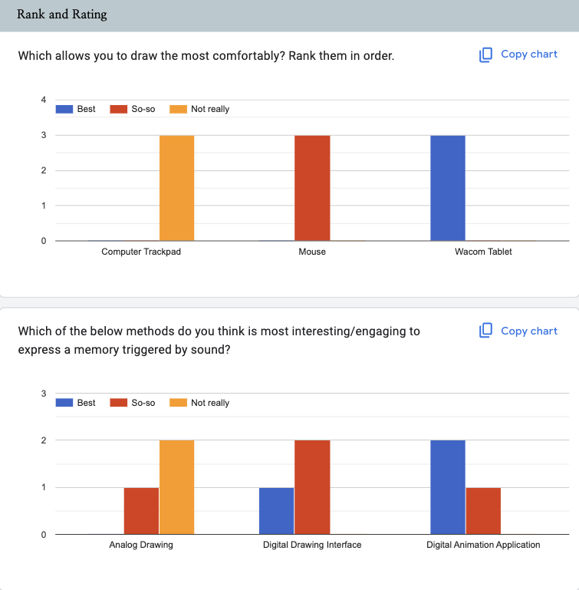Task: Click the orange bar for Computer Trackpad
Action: tap(176, 188)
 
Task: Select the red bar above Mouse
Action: tap(312, 188)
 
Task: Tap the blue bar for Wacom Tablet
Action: tap(448, 188)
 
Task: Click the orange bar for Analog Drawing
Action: tap(176, 487)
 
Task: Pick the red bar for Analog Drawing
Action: tap(141, 510)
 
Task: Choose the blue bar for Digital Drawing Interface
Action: tap(277, 510)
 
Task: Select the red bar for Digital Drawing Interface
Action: tap(312, 487)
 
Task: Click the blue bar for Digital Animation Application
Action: tap(448, 487)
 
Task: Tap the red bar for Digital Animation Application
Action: tap(483, 510)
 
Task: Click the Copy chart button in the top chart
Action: tap(518, 54)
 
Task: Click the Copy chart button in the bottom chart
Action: tap(518, 331)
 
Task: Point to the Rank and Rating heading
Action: tap(62, 15)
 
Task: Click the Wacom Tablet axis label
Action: tap(483, 252)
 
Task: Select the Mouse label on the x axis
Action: tap(312, 252)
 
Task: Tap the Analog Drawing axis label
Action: tap(141, 545)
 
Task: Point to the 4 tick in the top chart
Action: tap(44, 100)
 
